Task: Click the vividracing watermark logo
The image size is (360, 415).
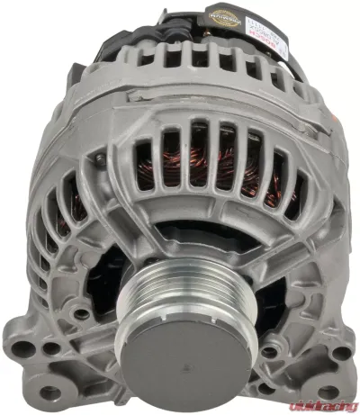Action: [319, 391]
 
